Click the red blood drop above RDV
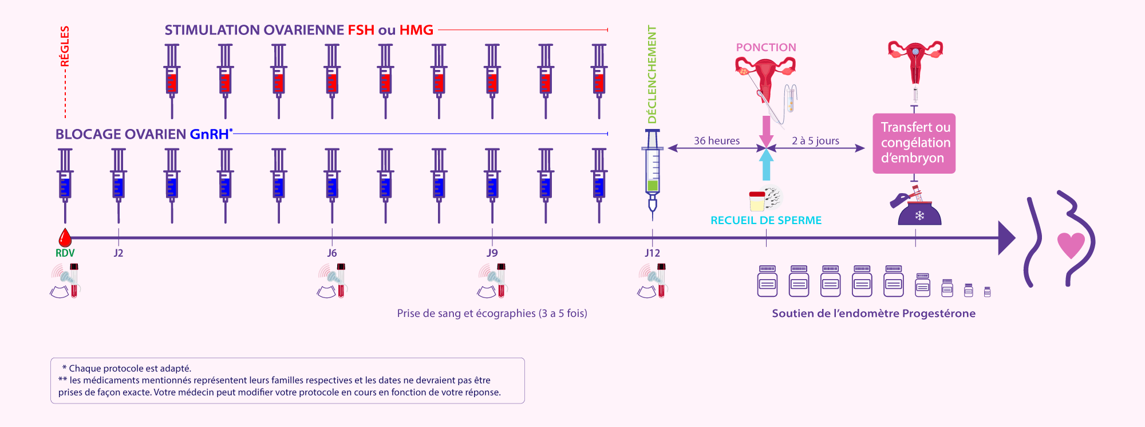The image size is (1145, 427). (65, 237)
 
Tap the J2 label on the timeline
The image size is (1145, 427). (119, 253)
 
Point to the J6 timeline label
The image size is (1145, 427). (332, 253)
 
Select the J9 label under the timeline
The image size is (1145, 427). (492, 253)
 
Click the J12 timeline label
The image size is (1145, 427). (652, 253)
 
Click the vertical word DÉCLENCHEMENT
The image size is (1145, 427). (652, 74)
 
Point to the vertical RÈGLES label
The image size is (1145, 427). (65, 46)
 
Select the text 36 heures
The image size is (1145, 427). (717, 140)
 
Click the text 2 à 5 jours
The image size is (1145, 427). (815, 140)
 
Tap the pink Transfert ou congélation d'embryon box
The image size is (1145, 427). (914, 143)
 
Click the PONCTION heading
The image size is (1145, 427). (766, 47)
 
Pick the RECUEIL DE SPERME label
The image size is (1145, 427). (766, 220)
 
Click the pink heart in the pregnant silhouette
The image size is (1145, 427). (1071, 245)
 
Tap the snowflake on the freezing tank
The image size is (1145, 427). (919, 216)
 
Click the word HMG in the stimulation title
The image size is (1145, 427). (416, 30)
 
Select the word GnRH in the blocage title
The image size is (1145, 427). (209, 134)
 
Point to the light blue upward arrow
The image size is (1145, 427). (766, 164)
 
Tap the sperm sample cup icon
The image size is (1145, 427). (757, 201)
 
